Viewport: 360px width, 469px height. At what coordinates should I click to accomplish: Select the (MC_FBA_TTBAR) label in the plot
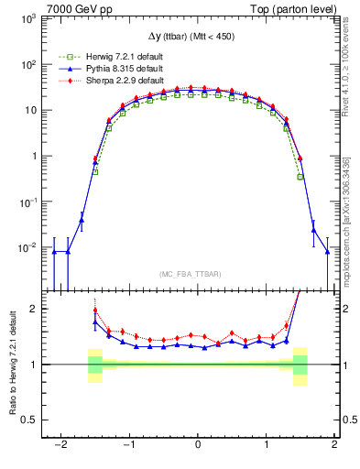[x=198, y=275]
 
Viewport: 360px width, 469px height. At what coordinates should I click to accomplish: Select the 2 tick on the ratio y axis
[x=34, y=309]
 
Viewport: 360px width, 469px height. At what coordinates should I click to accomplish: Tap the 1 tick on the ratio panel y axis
[x=34, y=365]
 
